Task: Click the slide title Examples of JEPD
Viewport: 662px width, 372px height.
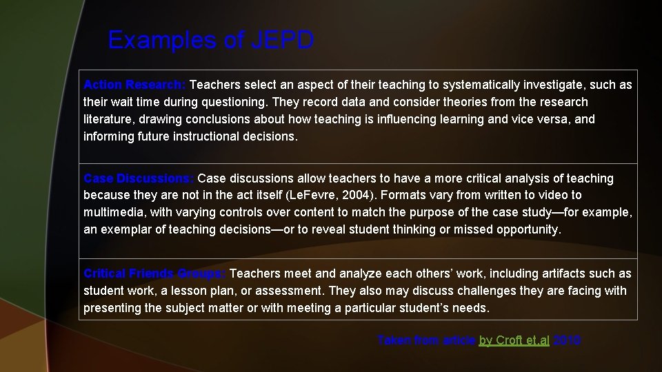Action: pos(211,40)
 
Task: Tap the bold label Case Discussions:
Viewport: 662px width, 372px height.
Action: pos(139,178)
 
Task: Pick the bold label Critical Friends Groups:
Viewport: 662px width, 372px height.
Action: pos(154,273)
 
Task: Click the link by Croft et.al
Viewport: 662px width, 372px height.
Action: pos(514,340)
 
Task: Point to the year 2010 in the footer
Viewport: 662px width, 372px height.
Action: pos(567,340)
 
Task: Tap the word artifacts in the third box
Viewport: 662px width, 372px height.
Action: pos(556,273)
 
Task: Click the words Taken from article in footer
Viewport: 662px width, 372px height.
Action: pos(426,340)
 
